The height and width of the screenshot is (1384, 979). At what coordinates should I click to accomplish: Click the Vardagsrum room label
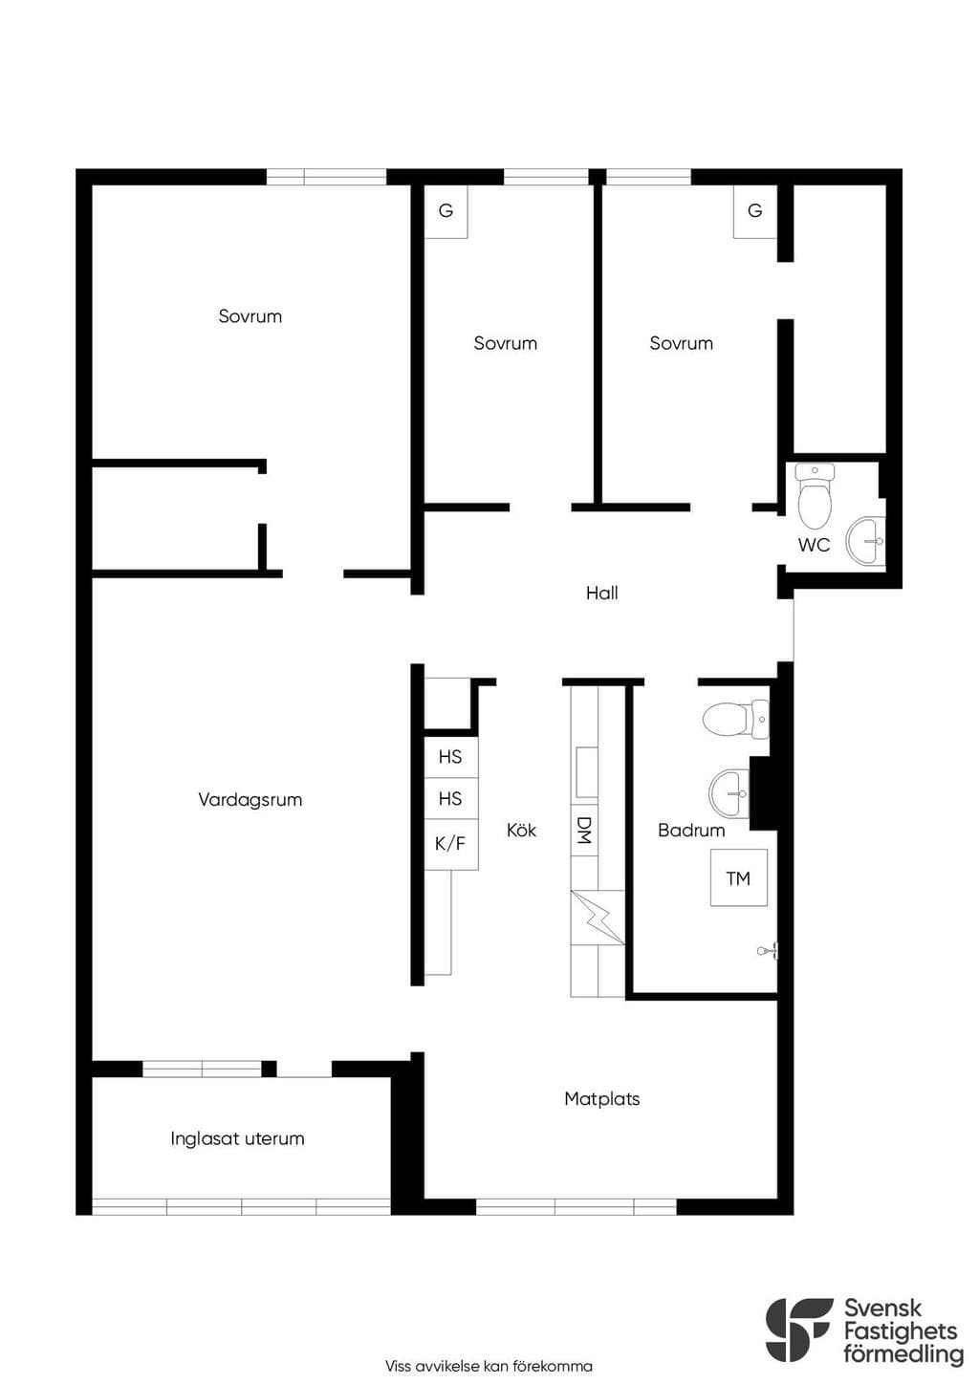[x=250, y=800]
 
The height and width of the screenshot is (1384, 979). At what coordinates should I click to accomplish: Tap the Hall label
[x=602, y=594]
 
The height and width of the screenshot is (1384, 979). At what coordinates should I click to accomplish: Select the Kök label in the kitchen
[x=521, y=830]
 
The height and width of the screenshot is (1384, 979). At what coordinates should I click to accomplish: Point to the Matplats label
[x=602, y=1098]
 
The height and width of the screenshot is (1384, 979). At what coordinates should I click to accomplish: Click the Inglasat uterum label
[x=237, y=1138]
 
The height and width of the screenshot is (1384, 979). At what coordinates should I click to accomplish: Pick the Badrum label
[x=691, y=830]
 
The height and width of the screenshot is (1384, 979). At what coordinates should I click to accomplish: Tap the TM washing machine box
[x=739, y=877]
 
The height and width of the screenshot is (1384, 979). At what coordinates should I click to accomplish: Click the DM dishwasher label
[x=584, y=830]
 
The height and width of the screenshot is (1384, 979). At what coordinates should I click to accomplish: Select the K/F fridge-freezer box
[x=450, y=843]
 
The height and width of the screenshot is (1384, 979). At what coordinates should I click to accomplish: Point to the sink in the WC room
[x=865, y=541]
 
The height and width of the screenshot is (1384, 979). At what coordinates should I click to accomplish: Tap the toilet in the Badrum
[x=736, y=719]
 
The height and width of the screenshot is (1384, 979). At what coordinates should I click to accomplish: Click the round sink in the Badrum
[x=729, y=792]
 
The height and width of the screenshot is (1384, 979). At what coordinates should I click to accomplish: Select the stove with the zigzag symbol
[x=598, y=917]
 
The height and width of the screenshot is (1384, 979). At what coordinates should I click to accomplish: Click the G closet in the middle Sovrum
[x=446, y=211]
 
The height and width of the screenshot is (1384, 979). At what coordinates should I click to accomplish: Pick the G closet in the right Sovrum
[x=755, y=211]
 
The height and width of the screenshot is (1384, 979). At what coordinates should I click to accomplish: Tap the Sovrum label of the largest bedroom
[x=250, y=316]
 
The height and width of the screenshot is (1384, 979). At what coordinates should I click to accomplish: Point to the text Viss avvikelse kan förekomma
[x=489, y=1366]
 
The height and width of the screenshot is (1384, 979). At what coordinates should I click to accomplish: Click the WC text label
[x=814, y=545]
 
